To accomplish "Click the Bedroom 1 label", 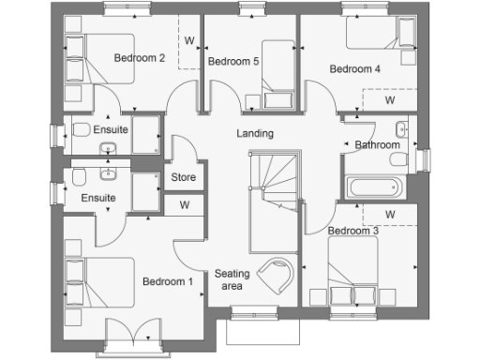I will click(168, 281).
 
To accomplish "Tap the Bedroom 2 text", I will click(140, 58).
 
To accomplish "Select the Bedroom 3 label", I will click(352, 231).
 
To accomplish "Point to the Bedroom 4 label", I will click(354, 68).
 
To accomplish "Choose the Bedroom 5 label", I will click(233, 63).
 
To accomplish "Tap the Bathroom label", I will click(377, 145).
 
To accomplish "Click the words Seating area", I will click(232, 280).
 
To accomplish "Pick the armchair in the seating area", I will click(277, 275).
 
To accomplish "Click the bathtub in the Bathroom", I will click(376, 187).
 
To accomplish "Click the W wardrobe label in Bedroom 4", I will click(388, 99).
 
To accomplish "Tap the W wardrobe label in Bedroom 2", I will click(189, 41).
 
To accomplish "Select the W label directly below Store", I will click(184, 204).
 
